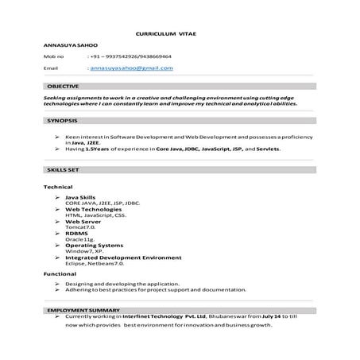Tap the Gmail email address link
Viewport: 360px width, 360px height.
[x=132, y=68]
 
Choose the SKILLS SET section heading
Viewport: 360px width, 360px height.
[x=61, y=171]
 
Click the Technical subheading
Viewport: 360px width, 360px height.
[x=58, y=186]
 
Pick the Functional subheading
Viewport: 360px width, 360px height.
[x=60, y=273]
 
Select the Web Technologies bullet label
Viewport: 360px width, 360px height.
[x=95, y=209]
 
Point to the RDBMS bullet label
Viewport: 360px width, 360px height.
[x=77, y=233]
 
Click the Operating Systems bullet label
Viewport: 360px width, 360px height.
[x=99, y=245]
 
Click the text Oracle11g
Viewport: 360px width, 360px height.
[x=80, y=238]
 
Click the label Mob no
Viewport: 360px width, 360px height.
[x=54, y=57]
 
